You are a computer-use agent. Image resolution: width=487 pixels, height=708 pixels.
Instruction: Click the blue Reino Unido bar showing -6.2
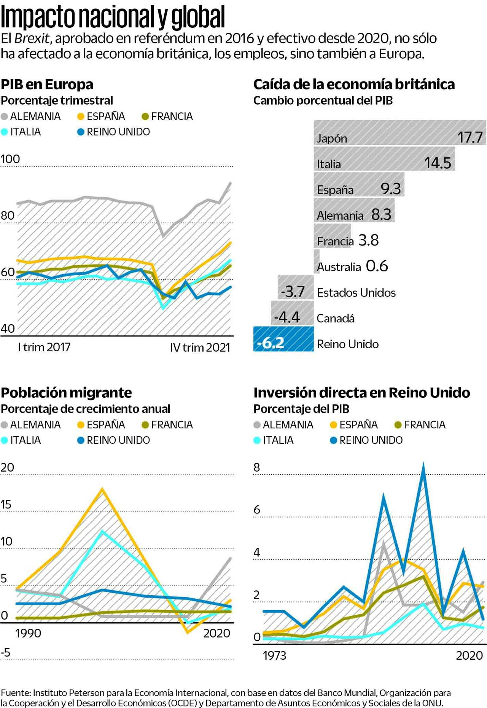click(x=283, y=339)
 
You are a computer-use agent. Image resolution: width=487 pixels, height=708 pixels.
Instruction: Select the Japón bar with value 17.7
click(x=399, y=132)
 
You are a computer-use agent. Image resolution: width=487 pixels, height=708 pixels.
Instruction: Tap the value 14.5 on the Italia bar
click(x=438, y=163)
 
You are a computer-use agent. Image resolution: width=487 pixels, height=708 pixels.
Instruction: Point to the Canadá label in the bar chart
click(x=336, y=318)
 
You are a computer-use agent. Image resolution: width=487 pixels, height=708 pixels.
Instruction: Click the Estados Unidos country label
click(x=356, y=292)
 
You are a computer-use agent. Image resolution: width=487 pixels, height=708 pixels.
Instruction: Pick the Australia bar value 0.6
click(x=377, y=266)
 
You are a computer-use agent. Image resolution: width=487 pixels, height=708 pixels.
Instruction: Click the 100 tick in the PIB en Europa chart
click(x=10, y=159)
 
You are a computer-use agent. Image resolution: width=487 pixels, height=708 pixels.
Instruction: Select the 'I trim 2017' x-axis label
click(x=44, y=347)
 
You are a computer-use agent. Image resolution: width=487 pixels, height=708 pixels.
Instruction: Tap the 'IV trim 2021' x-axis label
click(x=200, y=348)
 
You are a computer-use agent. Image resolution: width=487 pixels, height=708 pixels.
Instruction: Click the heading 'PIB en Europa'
click(x=47, y=84)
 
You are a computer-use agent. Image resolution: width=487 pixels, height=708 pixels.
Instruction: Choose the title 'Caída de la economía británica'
click(x=354, y=84)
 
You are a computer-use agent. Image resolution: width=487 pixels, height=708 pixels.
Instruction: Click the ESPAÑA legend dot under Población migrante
click(x=81, y=425)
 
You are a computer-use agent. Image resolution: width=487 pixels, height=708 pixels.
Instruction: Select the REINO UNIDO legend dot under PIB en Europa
click(x=81, y=132)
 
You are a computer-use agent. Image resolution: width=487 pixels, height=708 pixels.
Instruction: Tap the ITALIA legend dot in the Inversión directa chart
click(x=257, y=440)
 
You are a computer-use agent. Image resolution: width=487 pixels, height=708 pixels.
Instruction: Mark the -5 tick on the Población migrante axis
click(x=6, y=652)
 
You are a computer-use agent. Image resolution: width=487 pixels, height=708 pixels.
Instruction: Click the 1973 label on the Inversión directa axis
click(x=274, y=655)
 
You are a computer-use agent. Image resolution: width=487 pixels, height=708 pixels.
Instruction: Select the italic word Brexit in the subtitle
click(x=32, y=38)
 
